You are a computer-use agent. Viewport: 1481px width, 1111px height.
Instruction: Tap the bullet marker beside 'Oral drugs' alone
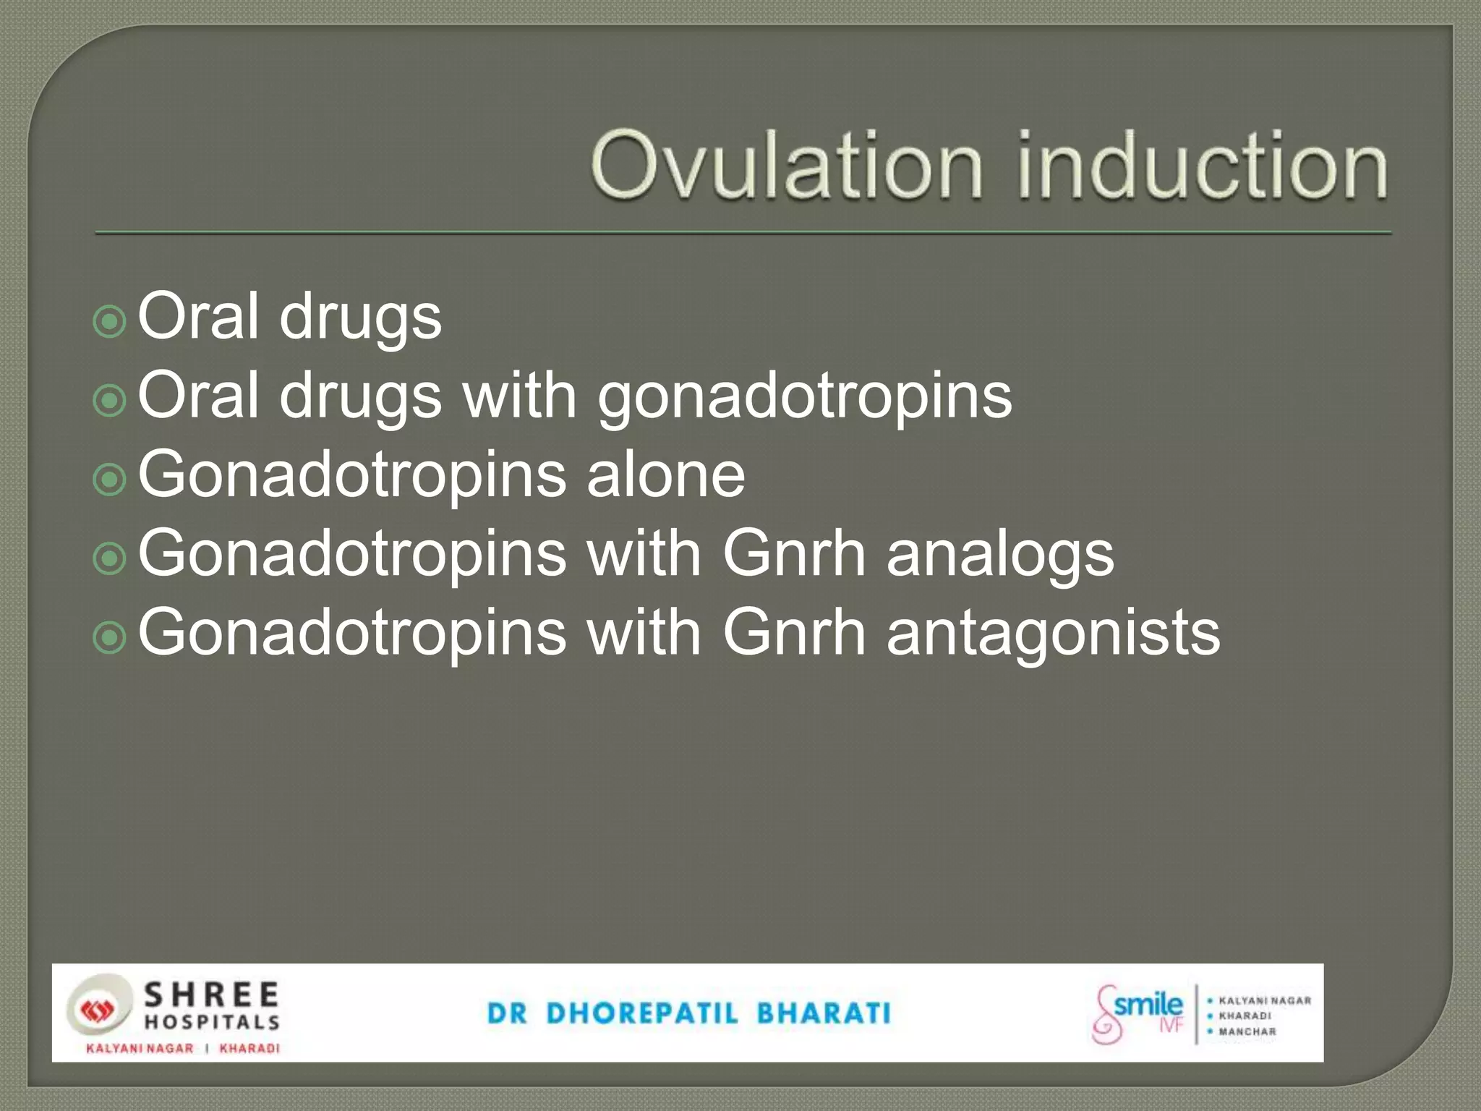point(110,320)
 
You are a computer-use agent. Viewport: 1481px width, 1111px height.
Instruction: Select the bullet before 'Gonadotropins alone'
point(110,478)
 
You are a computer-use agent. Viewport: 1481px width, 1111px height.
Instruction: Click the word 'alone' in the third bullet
point(665,474)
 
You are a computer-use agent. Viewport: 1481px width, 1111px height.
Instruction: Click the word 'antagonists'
point(1053,634)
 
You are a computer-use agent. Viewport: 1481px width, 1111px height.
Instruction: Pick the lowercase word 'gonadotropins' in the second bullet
point(804,398)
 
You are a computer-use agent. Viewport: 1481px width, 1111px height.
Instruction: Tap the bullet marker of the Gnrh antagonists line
point(110,637)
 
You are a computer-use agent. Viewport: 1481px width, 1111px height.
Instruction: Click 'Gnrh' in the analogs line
point(794,554)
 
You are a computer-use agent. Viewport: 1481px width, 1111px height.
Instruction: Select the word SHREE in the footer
point(211,995)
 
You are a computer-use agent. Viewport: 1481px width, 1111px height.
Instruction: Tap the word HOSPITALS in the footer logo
point(211,1022)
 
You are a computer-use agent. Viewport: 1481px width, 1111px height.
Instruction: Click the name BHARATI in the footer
point(824,1013)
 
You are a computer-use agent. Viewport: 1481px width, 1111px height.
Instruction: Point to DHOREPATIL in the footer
point(642,1013)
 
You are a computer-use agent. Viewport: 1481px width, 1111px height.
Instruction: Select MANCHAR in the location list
point(1247,1031)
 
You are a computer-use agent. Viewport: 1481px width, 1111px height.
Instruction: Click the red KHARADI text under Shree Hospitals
point(249,1048)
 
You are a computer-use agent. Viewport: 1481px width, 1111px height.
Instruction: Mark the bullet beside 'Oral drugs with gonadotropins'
point(110,399)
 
